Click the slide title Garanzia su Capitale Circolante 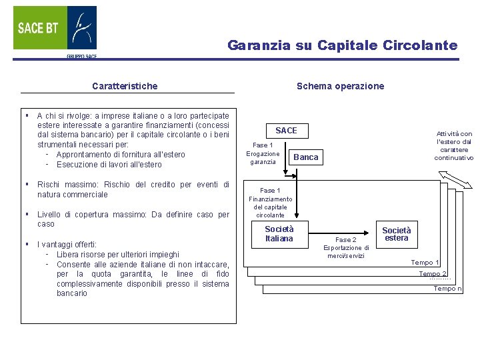[x=342, y=45]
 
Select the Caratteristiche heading [x=125, y=86]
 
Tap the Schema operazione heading [x=340, y=86]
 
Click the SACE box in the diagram [x=286, y=131]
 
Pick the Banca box [x=306, y=157]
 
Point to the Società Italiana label [x=279, y=234]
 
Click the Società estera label [x=396, y=234]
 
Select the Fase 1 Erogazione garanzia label [x=263, y=153]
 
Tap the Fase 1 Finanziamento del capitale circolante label [x=270, y=203]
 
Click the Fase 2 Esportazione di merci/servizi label [x=346, y=247]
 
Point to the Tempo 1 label [x=425, y=263]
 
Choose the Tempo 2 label [x=433, y=274]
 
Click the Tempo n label [x=447, y=289]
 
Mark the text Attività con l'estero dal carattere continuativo [x=453, y=145]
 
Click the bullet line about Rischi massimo [x=133, y=189]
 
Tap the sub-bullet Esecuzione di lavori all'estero [x=109, y=165]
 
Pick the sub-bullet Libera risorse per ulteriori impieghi [x=117, y=254]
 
